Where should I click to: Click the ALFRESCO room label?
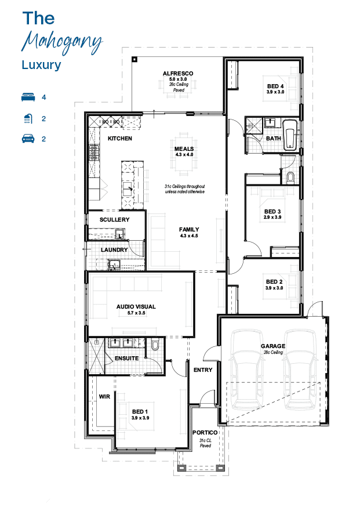(178, 74)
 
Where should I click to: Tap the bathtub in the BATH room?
(290, 135)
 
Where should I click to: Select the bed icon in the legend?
(28, 97)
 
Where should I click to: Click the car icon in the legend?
(28, 139)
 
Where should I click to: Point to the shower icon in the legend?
(28, 119)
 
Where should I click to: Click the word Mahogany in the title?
(62, 42)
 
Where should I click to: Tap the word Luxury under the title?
(41, 65)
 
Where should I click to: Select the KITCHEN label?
(120, 139)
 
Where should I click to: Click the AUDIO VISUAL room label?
(136, 306)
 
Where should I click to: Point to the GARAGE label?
(273, 346)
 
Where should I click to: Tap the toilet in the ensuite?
(155, 345)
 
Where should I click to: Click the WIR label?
(104, 396)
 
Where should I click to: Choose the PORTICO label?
(205, 433)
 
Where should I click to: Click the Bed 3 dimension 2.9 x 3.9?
(272, 218)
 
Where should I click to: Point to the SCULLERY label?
(114, 219)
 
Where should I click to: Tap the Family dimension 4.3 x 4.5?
(189, 236)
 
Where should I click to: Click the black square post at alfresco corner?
(134, 60)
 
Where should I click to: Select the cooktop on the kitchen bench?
(93, 153)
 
